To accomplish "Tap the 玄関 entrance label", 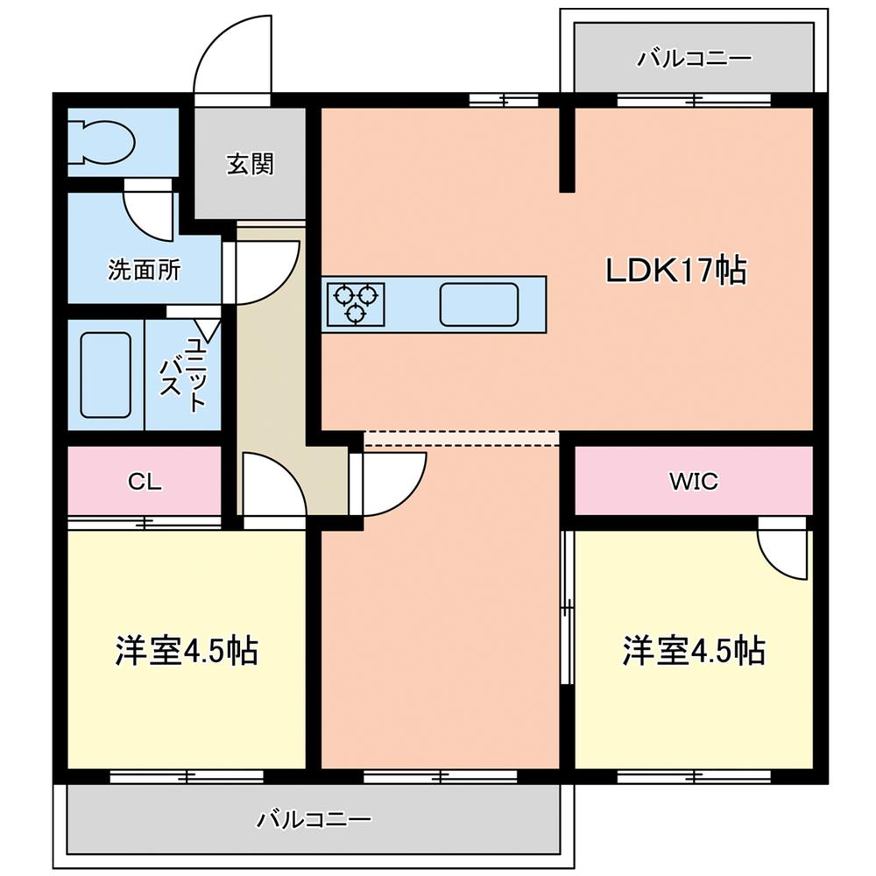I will point(251,164).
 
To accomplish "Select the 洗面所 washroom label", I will point(144,270).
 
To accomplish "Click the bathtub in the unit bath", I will point(106,375).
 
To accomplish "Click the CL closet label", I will point(144,481).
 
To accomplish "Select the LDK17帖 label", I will point(676,270).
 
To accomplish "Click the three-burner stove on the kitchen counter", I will point(355,302).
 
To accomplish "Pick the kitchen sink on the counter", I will point(480,303).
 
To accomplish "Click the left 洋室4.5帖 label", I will point(186,650).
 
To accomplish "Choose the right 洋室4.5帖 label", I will point(694,650).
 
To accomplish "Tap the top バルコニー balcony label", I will point(694,60).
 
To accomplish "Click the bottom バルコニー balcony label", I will point(314,820).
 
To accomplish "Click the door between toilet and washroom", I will point(149,210).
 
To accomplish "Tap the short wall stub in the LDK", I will point(568,147).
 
